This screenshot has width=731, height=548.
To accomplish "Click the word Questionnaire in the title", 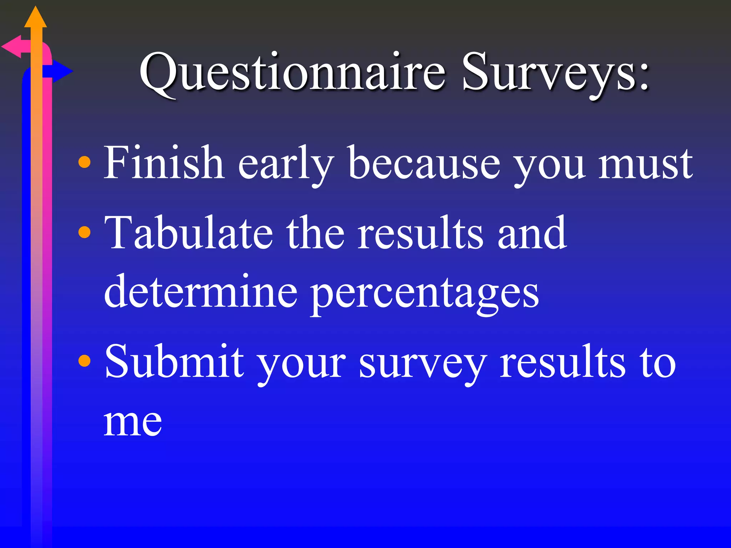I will pos(292,73).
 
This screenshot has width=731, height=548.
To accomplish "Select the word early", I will pos(286,164).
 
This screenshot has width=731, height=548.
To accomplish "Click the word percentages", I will pos(424,294).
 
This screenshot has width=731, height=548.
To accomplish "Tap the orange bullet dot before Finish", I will pos(84,162).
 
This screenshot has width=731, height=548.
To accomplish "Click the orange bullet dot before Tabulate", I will pos(84,232).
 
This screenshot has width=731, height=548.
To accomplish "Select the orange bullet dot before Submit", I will pos(84,361).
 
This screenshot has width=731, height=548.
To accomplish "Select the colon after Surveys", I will pos(643,77).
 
